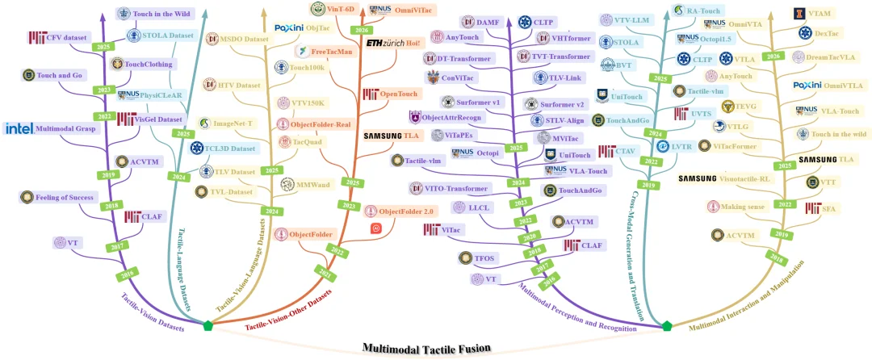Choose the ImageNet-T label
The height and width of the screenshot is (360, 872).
[234, 123]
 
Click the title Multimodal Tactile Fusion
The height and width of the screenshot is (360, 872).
[426, 349]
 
